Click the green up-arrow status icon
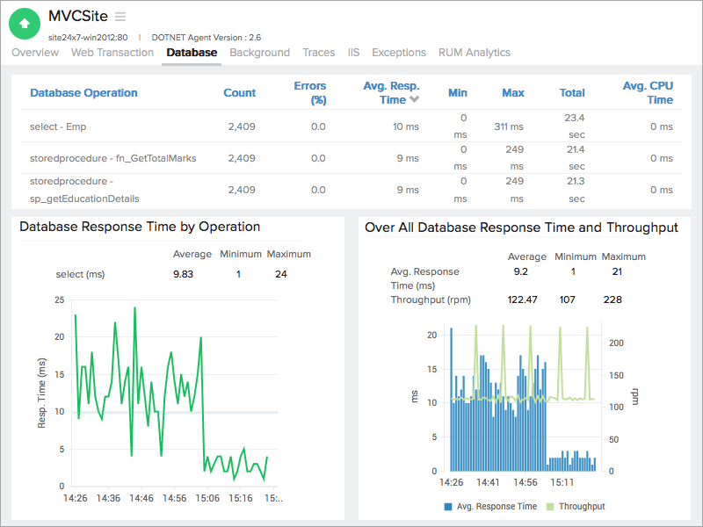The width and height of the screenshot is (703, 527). [x=25, y=24]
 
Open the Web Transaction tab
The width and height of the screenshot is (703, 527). [x=112, y=53]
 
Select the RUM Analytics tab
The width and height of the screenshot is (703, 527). [x=474, y=53]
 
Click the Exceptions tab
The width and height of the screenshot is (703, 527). [x=398, y=53]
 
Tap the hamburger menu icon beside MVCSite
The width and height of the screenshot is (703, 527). [x=120, y=17]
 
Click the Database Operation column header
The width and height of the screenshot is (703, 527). [x=83, y=93]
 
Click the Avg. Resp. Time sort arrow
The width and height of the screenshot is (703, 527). [x=414, y=100]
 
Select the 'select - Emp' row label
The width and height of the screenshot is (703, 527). [x=58, y=126]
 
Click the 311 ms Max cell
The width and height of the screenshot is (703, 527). [x=509, y=126]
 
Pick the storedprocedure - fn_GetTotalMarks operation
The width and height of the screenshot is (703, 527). [x=112, y=158]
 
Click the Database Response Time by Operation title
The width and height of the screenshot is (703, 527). [x=140, y=227]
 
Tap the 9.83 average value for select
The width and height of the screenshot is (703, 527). [x=185, y=275]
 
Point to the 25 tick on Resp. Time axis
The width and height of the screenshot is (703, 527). [x=59, y=300]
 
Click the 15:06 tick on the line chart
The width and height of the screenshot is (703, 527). [x=207, y=499]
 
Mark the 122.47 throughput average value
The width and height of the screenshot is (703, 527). [x=522, y=300]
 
